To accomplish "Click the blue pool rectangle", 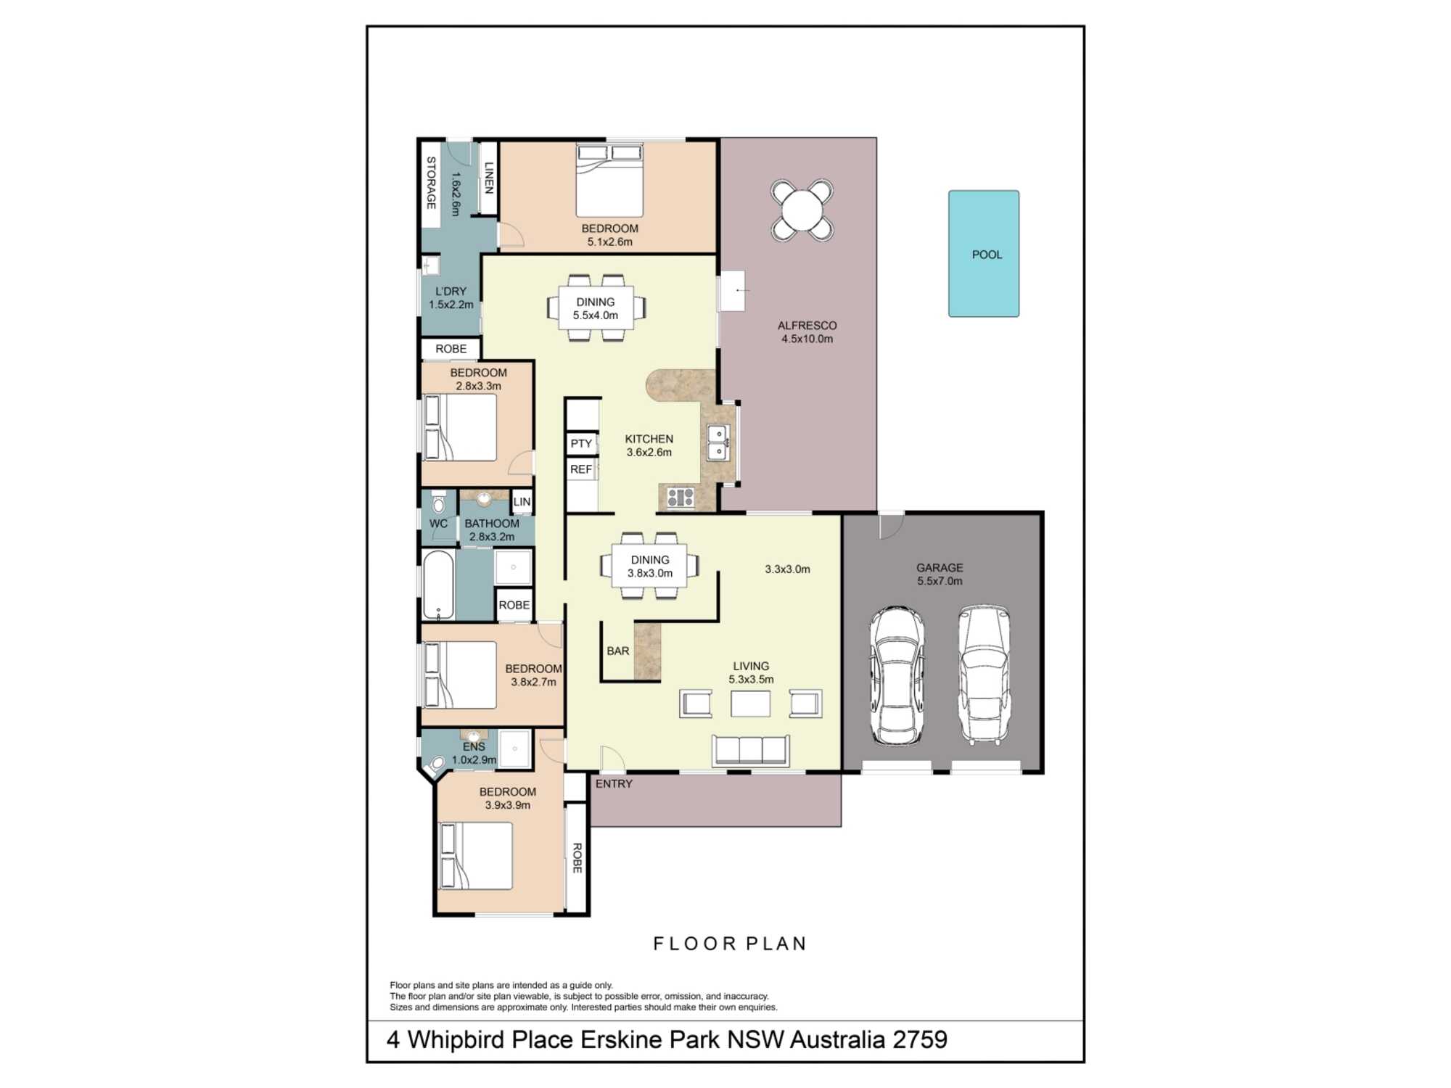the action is pyautogui.click(x=983, y=253).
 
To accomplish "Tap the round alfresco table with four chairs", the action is pyautogui.click(x=802, y=210).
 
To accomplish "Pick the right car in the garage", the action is pyautogui.click(x=984, y=675).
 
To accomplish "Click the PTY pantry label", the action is pyautogui.click(x=581, y=443).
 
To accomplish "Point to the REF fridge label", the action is pyautogui.click(x=581, y=469).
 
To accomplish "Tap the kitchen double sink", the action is pyautogui.click(x=718, y=442).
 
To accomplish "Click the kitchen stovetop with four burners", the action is pyautogui.click(x=681, y=497).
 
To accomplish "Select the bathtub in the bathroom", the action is pyautogui.click(x=438, y=585).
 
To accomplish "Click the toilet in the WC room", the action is pyautogui.click(x=438, y=502).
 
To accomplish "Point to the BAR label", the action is pyautogui.click(x=618, y=651).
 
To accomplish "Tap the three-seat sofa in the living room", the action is pyautogui.click(x=751, y=750).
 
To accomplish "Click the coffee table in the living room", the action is pyautogui.click(x=750, y=704).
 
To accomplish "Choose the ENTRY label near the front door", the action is pyautogui.click(x=614, y=784).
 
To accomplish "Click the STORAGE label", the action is pyautogui.click(x=431, y=183).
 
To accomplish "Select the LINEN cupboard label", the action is pyautogui.click(x=489, y=178).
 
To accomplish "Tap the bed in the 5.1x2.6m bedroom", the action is pyautogui.click(x=609, y=181).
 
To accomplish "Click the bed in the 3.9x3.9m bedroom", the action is pyautogui.click(x=476, y=856).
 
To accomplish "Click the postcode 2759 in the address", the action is pyautogui.click(x=920, y=1039).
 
